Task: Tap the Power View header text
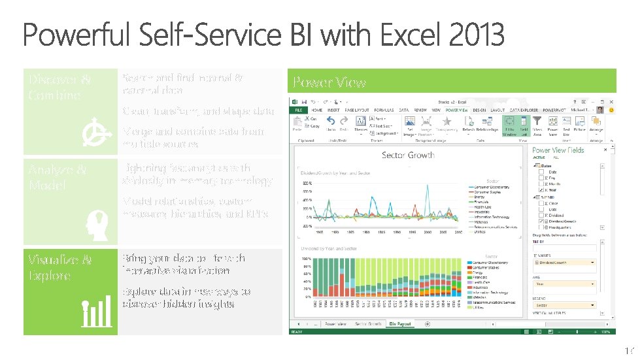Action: tap(329, 82)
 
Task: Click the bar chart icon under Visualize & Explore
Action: tap(96, 314)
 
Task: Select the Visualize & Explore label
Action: tap(59, 267)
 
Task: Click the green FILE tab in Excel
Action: tap(298, 110)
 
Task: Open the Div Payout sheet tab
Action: tap(399, 323)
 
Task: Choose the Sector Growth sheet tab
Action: tap(367, 323)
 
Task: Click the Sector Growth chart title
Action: tap(408, 155)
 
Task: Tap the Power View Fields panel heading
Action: tap(558, 150)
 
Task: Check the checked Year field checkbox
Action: tap(541, 190)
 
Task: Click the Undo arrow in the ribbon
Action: tap(331, 122)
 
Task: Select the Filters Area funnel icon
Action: tap(537, 123)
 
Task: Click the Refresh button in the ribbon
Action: tap(468, 123)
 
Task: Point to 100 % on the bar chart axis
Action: tap(305, 259)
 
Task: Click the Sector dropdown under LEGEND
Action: tap(565, 305)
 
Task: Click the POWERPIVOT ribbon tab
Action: tap(556, 110)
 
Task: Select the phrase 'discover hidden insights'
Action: tap(178, 304)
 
